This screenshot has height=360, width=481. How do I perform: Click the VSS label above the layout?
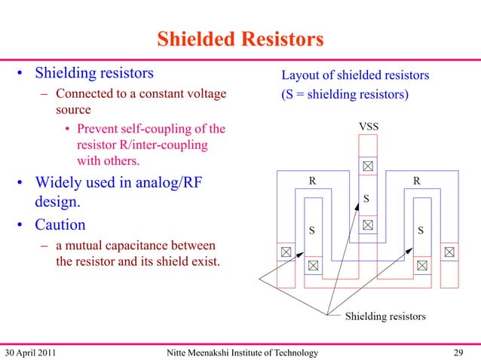[368, 127]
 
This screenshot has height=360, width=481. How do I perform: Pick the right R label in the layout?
[416, 181]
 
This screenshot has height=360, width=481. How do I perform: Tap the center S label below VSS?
[366, 199]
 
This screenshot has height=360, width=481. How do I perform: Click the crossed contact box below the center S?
[367, 224]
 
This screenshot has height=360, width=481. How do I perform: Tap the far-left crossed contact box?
[286, 252]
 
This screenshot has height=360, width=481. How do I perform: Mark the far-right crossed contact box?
[449, 252]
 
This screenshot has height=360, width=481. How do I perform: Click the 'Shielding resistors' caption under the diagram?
[385, 316]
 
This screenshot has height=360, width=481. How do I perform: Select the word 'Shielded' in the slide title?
[194, 39]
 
